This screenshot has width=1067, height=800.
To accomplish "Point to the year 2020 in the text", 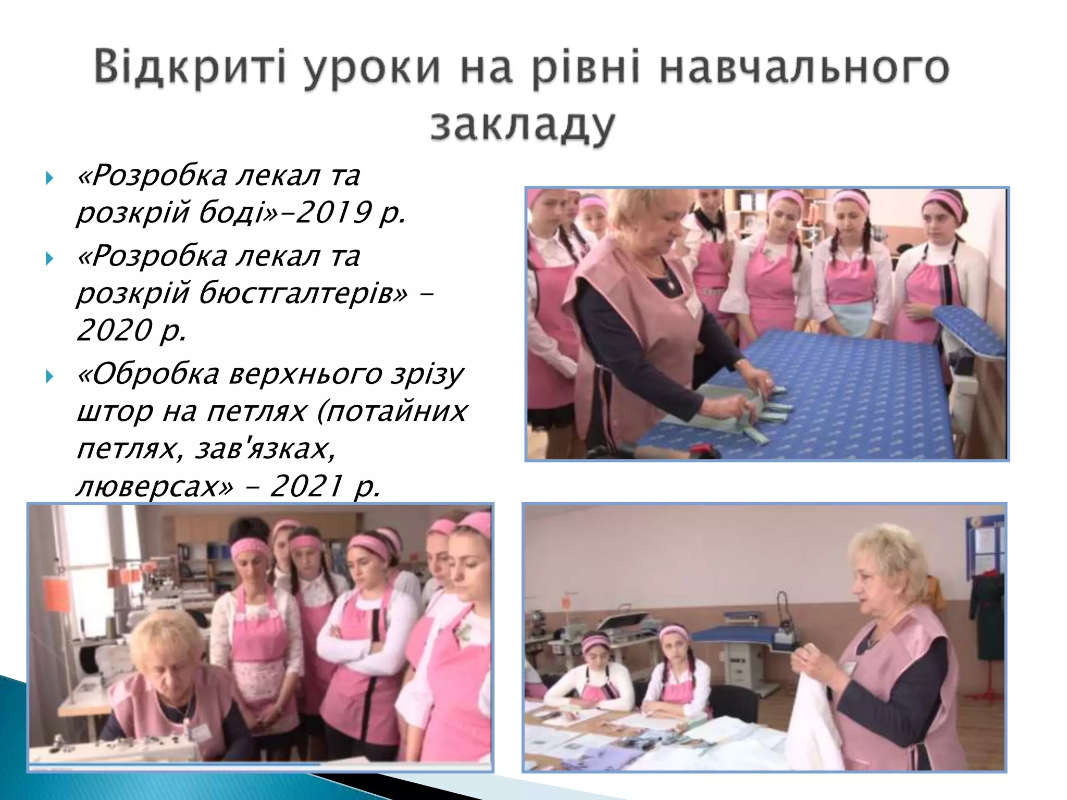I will coord(114,330).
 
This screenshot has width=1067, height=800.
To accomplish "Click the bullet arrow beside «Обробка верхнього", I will coord(49,376).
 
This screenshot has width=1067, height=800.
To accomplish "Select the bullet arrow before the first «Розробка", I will coord(49,178).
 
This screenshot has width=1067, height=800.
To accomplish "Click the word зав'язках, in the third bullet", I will coord(266,448).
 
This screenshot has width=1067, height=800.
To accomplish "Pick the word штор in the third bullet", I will coord(115,412).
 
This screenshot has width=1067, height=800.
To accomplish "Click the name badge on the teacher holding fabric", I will coord(851,669).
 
